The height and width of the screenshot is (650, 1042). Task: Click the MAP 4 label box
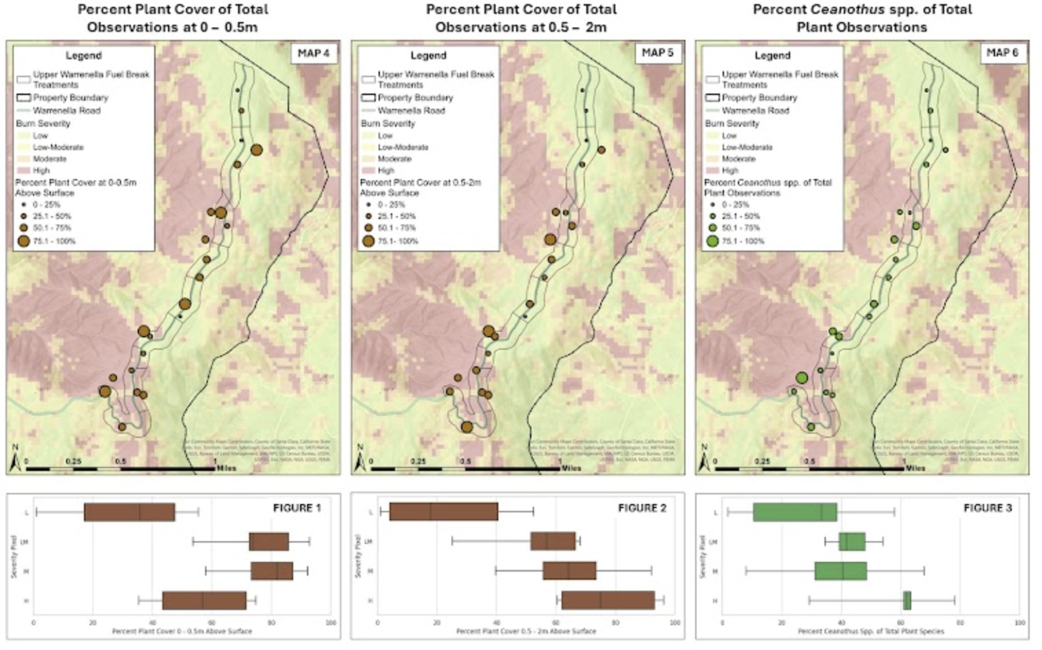click(313, 53)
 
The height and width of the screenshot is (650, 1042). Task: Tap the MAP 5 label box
click(657, 53)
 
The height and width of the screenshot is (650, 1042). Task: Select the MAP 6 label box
click(1002, 53)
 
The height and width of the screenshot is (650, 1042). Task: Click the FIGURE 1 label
click(297, 508)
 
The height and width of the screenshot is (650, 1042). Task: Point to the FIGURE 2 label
click(641, 508)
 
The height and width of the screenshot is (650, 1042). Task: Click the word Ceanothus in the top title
click(847, 10)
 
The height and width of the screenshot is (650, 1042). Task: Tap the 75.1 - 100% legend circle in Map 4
click(24, 241)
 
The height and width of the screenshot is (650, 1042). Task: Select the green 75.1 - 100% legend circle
click(712, 241)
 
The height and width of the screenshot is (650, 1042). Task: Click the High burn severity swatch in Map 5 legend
click(368, 170)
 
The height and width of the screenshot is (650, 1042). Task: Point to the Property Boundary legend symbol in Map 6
click(712, 98)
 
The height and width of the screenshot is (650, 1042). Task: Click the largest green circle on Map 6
click(802, 377)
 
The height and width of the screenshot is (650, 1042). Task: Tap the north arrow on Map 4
click(15, 460)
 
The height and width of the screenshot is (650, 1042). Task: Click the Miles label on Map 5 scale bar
click(571, 468)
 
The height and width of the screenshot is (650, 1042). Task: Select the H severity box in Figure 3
click(907, 600)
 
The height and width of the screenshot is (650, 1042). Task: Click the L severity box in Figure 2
click(443, 512)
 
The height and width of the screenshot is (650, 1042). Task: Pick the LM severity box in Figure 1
click(268, 541)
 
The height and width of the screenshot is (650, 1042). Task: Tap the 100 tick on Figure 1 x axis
click(330, 622)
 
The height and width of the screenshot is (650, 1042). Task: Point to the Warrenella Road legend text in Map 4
click(67, 110)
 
